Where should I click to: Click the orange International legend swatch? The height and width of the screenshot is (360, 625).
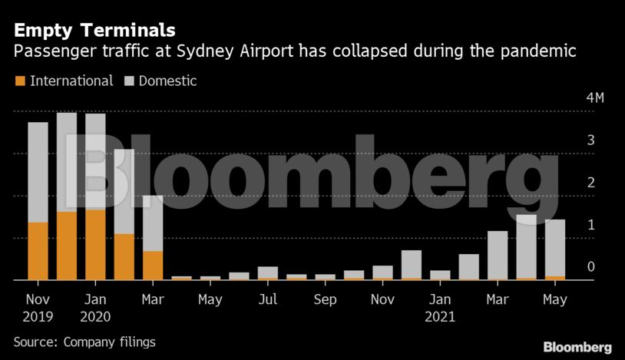coord(20,81)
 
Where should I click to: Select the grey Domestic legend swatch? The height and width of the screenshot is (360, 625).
coord(129,81)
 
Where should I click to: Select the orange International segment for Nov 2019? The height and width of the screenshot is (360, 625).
coord(38,251)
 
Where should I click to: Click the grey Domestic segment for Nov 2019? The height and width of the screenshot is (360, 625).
coord(38,172)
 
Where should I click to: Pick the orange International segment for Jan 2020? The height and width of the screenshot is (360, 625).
coord(95,245)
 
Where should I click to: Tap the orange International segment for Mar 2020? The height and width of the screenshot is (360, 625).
coord(153,266)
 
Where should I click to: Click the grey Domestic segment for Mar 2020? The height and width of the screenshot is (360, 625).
coord(153,223)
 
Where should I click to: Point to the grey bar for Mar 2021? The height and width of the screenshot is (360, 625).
coord(498,255)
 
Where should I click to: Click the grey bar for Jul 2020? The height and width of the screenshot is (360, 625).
coord(268,272)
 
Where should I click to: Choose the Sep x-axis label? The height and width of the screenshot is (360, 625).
coord(325,299)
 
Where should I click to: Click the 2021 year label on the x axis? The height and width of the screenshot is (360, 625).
coord(440,316)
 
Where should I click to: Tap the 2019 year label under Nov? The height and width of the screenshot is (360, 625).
coord(38,316)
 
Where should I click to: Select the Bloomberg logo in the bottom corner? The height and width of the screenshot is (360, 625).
coord(577,347)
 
